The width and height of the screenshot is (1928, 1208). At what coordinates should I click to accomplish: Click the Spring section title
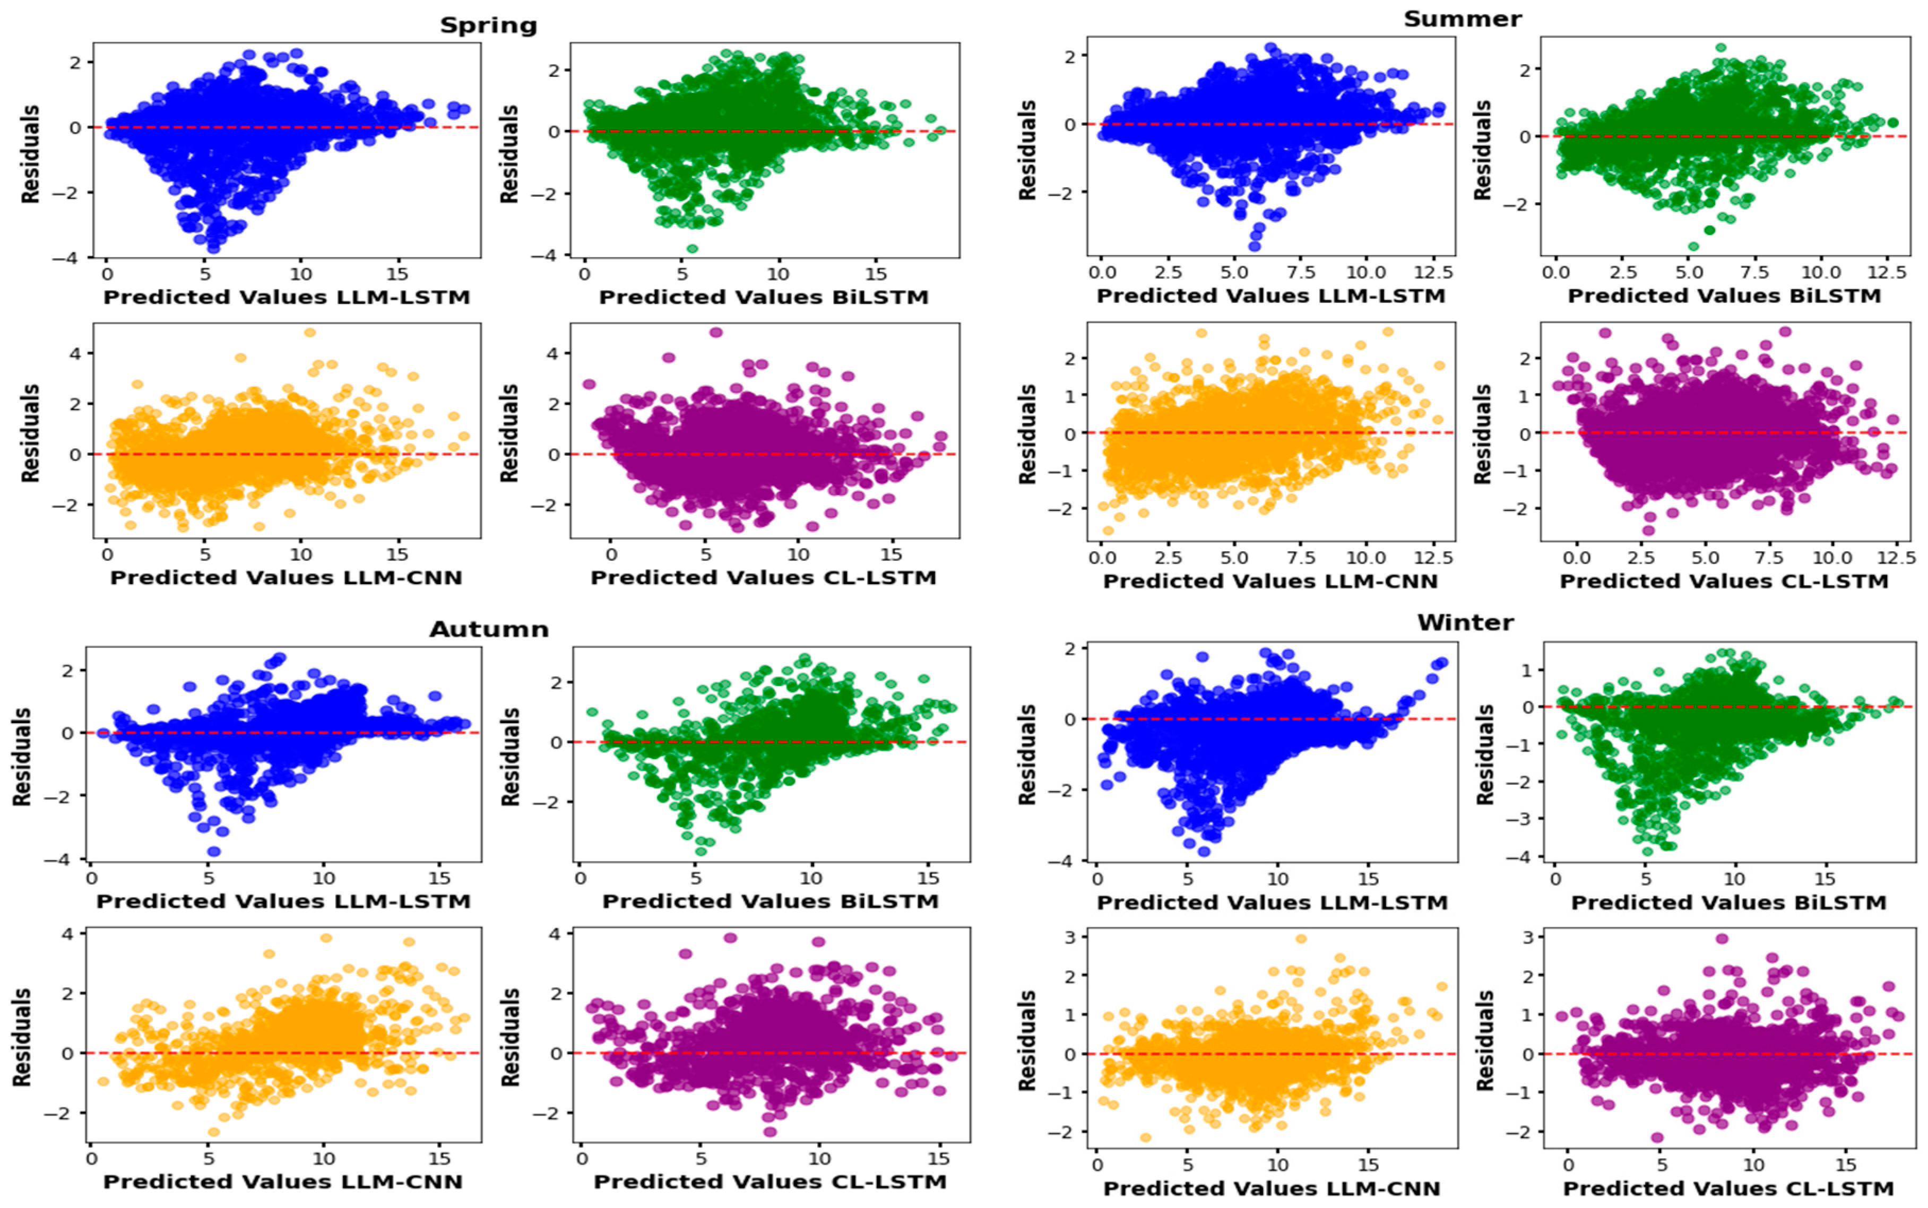pyautogui.click(x=488, y=25)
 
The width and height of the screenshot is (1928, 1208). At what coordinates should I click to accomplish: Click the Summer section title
pyautogui.click(x=1462, y=19)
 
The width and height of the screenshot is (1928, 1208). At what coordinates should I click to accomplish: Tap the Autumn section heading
pyautogui.click(x=489, y=630)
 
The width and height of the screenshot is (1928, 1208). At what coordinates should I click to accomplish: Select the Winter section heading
pyautogui.click(x=1465, y=623)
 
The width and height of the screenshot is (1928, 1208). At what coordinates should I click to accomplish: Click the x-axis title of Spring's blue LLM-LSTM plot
pyautogui.click(x=286, y=297)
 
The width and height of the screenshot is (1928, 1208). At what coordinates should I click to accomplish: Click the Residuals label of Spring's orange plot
pyautogui.click(x=30, y=433)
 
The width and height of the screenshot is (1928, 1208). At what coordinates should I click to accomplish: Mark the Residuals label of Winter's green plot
pyautogui.click(x=1484, y=754)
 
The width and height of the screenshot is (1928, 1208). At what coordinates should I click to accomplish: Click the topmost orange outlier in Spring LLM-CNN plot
pyautogui.click(x=310, y=332)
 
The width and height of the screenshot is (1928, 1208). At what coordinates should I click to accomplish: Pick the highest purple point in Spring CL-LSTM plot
pyautogui.click(x=716, y=332)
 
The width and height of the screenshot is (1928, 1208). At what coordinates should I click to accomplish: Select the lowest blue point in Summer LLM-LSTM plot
pyautogui.click(x=1255, y=246)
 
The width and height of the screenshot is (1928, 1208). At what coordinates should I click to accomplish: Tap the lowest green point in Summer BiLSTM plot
pyautogui.click(x=1693, y=246)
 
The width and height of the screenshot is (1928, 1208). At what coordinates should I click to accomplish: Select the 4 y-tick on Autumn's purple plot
pyautogui.click(x=555, y=933)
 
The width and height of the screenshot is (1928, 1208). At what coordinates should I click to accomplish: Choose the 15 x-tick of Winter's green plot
pyautogui.click(x=1825, y=879)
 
